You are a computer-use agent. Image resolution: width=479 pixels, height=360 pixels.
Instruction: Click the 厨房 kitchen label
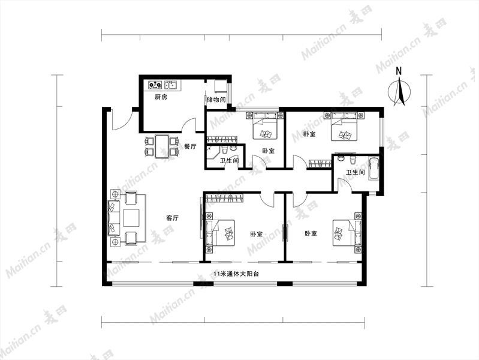(x=161, y=97)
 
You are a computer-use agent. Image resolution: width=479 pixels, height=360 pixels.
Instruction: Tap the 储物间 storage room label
(x=216, y=100)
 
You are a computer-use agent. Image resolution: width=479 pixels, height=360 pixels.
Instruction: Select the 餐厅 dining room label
(x=190, y=146)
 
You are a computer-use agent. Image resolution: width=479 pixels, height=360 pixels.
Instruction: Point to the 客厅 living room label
(x=172, y=218)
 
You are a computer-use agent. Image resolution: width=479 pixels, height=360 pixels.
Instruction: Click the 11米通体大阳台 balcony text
(x=236, y=274)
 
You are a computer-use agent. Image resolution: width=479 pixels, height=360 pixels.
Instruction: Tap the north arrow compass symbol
(x=399, y=91)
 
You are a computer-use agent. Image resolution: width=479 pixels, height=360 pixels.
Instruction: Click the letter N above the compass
(x=399, y=71)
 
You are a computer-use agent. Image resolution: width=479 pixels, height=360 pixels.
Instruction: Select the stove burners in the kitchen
(x=155, y=85)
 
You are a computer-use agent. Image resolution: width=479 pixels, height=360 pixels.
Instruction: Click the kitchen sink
(x=171, y=85)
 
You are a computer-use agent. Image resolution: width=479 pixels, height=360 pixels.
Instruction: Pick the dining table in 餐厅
(x=162, y=146)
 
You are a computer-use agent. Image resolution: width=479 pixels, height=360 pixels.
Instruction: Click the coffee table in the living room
(x=131, y=217)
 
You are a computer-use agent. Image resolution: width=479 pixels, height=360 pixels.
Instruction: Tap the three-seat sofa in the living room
(x=113, y=217)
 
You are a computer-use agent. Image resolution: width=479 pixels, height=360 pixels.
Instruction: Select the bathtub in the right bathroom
(x=373, y=169)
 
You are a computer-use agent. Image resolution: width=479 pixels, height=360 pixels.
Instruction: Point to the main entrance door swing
(x=122, y=119)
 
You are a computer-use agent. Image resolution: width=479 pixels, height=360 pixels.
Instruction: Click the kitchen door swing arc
(x=189, y=125)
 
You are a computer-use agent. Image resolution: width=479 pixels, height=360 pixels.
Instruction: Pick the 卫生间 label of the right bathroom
(x=356, y=173)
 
